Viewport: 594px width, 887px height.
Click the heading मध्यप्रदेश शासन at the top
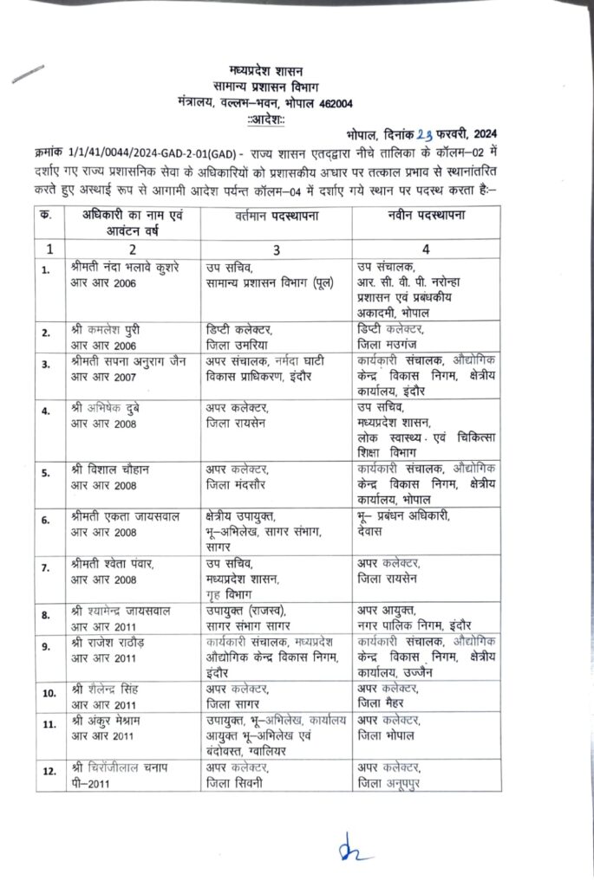pyautogui.click(x=266, y=69)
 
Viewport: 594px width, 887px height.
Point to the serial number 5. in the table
pyautogui.click(x=44, y=472)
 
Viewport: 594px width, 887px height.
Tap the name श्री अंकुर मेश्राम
pyautogui.click(x=112, y=721)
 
